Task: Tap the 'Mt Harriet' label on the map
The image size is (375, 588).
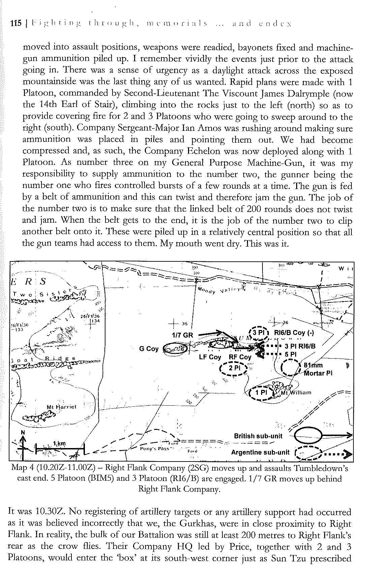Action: tap(61, 407)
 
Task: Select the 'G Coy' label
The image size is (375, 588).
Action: tap(149, 349)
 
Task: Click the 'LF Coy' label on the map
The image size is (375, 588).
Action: tap(210, 357)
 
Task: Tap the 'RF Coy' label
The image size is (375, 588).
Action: tap(240, 357)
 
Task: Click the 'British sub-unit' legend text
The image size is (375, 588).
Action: tap(258, 436)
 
